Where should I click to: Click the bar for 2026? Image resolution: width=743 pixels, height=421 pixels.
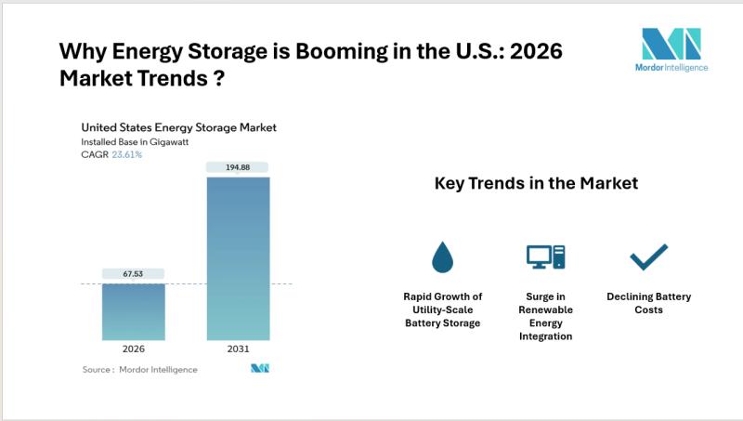click(x=134, y=311)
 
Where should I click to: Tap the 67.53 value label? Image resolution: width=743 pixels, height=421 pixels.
click(x=134, y=274)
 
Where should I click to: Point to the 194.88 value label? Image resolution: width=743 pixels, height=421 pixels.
click(x=238, y=167)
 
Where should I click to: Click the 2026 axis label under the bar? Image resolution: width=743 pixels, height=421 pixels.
click(x=134, y=349)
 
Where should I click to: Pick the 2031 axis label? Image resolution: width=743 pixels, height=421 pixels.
click(x=238, y=349)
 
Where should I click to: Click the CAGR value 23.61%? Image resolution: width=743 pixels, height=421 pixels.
click(x=127, y=155)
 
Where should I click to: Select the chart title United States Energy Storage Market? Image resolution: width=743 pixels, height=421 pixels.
click(x=179, y=127)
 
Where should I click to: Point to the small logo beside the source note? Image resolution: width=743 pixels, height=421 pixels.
click(x=259, y=369)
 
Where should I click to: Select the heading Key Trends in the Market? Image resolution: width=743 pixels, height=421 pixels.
click(x=536, y=183)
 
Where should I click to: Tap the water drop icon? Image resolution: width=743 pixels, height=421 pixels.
click(x=441, y=255)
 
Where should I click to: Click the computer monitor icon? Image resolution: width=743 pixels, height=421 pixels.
click(x=545, y=257)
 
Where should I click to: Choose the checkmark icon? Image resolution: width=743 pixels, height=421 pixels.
click(x=648, y=256)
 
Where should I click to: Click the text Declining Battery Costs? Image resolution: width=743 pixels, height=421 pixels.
click(x=648, y=303)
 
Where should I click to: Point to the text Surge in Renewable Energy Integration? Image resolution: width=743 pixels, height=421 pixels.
click(x=545, y=316)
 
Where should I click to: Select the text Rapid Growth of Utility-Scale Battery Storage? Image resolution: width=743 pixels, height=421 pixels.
click(x=442, y=309)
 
